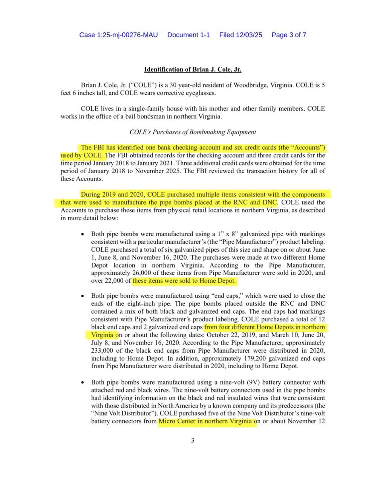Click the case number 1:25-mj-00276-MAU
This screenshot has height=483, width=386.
[x=118, y=35]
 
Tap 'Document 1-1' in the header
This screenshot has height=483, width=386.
[x=188, y=35]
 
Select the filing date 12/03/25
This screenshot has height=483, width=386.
[x=249, y=35]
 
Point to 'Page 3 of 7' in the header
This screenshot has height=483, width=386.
[x=289, y=35]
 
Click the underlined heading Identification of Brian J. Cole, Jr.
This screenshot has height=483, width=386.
[x=193, y=69]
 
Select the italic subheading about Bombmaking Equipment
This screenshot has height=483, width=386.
[x=193, y=132]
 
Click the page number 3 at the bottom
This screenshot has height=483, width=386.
[x=193, y=440]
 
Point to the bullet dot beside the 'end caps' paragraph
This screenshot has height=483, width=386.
[x=83, y=296]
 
